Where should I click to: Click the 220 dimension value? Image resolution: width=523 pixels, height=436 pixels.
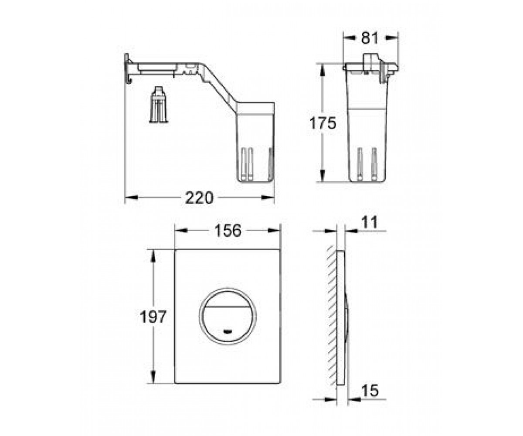coord(199,198)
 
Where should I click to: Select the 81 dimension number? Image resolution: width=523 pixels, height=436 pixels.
coord(370,38)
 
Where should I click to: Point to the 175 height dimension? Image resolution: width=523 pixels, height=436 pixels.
coord(323,123)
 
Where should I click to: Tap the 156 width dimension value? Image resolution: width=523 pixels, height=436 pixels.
coord(228,231)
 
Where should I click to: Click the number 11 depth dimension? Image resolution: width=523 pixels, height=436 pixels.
coord(370,222)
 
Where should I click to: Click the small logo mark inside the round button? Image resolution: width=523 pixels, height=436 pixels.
coord(227,332)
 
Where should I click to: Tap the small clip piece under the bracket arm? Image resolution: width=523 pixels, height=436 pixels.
coord(159,105)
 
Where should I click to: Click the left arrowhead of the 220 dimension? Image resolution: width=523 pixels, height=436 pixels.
coord(131,198)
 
